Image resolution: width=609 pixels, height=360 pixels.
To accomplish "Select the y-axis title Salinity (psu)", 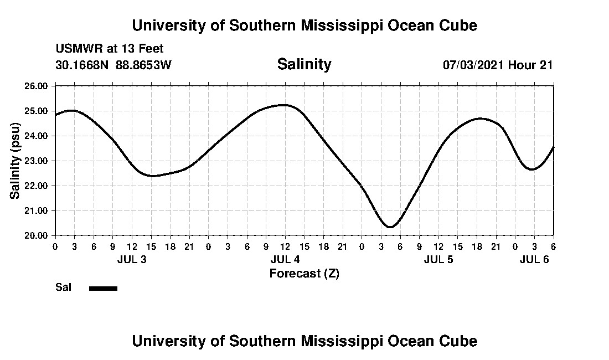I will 15,161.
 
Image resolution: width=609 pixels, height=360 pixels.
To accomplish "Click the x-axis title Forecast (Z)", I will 304,274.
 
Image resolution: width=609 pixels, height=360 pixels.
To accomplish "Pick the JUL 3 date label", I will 132,260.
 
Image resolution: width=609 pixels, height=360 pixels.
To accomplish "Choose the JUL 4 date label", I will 285,260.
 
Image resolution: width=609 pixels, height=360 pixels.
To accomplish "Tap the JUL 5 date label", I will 438,260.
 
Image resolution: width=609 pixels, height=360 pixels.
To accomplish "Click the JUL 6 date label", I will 534,260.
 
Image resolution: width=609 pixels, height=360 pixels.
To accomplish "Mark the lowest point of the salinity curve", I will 390,227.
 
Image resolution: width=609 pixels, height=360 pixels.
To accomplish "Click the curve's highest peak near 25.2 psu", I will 283,105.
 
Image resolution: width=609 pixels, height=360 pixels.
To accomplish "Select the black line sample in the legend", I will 103,288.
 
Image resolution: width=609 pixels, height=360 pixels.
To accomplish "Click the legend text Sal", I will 63,287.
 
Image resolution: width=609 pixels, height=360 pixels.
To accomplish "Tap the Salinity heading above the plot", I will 304,64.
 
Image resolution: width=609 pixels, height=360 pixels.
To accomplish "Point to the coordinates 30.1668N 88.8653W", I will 113,65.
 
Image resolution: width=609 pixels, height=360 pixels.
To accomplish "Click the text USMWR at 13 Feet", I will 110,49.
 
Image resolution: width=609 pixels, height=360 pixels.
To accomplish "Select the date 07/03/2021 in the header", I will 473,65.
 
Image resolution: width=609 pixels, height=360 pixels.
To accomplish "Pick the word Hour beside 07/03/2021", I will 522,65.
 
